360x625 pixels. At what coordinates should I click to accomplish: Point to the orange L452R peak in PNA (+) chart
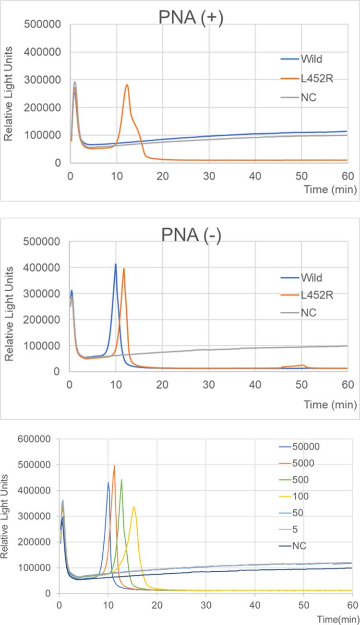click(x=127, y=85)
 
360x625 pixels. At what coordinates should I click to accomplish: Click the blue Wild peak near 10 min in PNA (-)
click(x=116, y=264)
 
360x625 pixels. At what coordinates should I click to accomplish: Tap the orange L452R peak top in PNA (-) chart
click(x=124, y=269)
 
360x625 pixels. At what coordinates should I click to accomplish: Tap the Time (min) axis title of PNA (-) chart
click(x=331, y=405)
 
